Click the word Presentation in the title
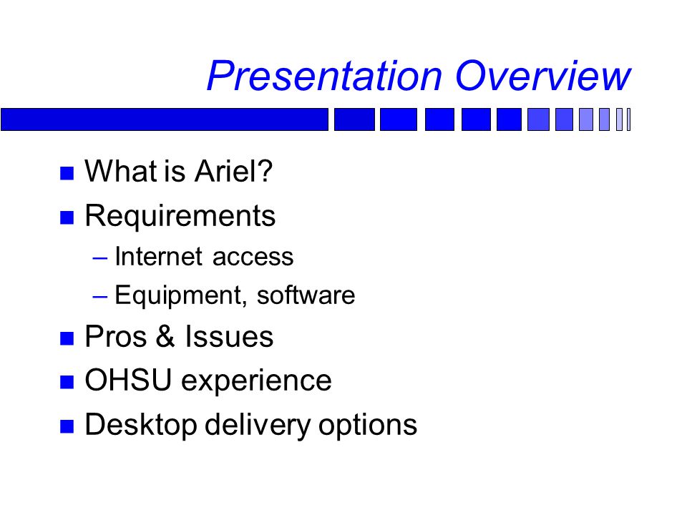click(x=325, y=76)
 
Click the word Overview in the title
click(x=543, y=76)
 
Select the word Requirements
click(x=180, y=216)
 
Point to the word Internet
click(x=159, y=256)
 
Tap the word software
click(x=306, y=295)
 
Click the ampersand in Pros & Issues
click(x=165, y=336)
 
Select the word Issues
click(x=229, y=336)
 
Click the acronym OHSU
click(x=127, y=380)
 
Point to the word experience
click(x=256, y=382)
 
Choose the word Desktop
click(x=141, y=425)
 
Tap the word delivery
click(x=258, y=425)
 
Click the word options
click(x=368, y=426)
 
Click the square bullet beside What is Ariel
click(x=67, y=173)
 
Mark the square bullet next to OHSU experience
click(x=67, y=382)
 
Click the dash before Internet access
click(x=100, y=258)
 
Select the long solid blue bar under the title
click(x=165, y=119)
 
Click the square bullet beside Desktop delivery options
click(x=67, y=426)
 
